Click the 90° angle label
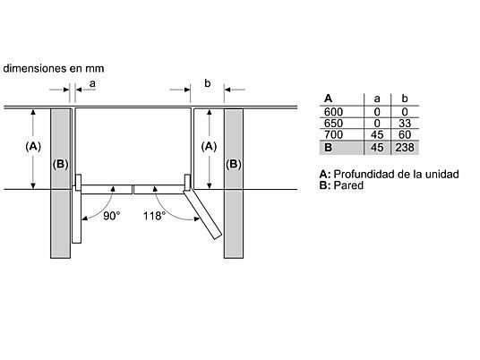pyautogui.click(x=111, y=216)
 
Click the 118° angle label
pyautogui.click(x=154, y=216)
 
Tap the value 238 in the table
pyautogui.click(x=405, y=148)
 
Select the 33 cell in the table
pyautogui.click(x=405, y=123)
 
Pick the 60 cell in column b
pyautogui.click(x=405, y=134)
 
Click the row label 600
pyautogui.click(x=333, y=112)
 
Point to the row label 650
pyautogui.click(x=333, y=123)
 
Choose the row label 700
pyautogui.click(x=333, y=134)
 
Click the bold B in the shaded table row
pyautogui.click(x=328, y=148)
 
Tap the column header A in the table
pyautogui.click(x=328, y=99)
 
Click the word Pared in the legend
pyautogui.click(x=348, y=185)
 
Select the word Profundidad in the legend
pyautogui.click(x=364, y=175)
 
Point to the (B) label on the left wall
pyautogui.click(x=60, y=164)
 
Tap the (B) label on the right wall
pyautogui.click(x=234, y=164)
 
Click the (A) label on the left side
pyautogui.click(x=33, y=146)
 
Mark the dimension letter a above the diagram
pyautogui.click(x=92, y=83)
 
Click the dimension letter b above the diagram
pyautogui.click(x=208, y=83)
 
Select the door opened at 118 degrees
pyautogui.click(x=202, y=214)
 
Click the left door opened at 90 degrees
pyautogui.click(x=76, y=217)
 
